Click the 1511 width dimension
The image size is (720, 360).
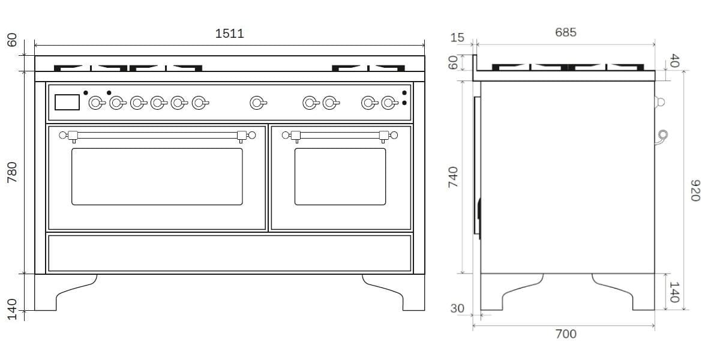[x=229, y=34]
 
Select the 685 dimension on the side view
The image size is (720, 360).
[x=565, y=32]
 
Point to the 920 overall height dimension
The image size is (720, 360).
[x=695, y=191]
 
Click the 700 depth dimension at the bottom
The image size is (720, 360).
[x=565, y=334]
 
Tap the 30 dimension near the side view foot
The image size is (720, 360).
[x=457, y=308]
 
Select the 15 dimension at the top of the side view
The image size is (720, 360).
[x=457, y=38]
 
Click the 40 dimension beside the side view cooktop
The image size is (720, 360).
[x=674, y=61]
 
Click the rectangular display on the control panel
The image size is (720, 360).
[x=67, y=103]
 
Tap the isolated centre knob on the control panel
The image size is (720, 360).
[x=257, y=103]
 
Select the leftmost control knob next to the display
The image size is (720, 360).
[x=95, y=103]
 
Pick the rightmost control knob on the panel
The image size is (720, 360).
[x=388, y=103]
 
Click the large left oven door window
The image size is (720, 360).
[x=157, y=176]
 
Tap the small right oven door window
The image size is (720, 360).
[x=340, y=176]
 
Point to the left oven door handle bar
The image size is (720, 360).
[x=157, y=136]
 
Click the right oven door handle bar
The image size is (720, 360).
[x=340, y=136]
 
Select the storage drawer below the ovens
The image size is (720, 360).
[x=229, y=253]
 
